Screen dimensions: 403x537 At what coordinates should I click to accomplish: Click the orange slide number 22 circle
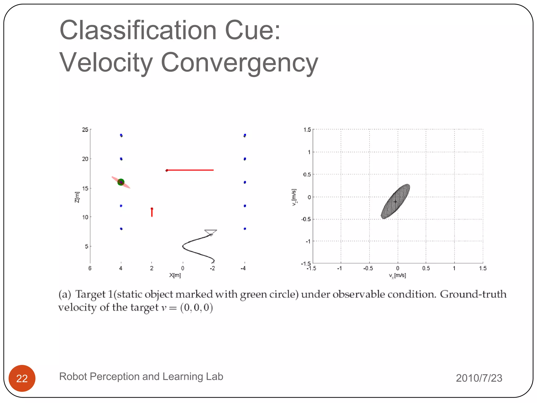click(22, 378)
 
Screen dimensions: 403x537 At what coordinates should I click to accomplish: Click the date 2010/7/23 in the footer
click(479, 378)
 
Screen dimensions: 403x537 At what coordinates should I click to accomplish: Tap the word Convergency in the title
click(239, 62)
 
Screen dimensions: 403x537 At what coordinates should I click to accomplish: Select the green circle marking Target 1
click(121, 182)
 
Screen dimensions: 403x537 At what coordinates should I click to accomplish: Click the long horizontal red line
click(190, 170)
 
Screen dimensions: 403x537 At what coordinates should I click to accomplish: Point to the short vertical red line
click(152, 213)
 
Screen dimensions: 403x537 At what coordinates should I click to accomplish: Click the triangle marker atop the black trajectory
click(211, 232)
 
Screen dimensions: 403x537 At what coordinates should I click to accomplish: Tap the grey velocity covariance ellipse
click(395, 201)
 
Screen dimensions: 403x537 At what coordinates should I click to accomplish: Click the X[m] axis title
click(175, 275)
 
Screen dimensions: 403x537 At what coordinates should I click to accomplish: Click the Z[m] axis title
click(77, 197)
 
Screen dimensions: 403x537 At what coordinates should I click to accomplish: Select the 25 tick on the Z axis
click(85, 130)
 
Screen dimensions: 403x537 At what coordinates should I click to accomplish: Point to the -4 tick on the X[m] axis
click(243, 268)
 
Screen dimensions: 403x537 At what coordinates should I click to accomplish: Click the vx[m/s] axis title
click(397, 275)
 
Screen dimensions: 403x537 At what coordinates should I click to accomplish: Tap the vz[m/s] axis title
click(294, 197)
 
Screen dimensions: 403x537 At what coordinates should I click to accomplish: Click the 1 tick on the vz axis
click(309, 152)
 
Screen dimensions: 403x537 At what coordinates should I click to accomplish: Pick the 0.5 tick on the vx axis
click(426, 268)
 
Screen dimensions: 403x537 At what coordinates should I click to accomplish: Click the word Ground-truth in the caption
click(473, 294)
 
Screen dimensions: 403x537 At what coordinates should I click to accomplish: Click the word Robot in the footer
click(73, 377)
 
